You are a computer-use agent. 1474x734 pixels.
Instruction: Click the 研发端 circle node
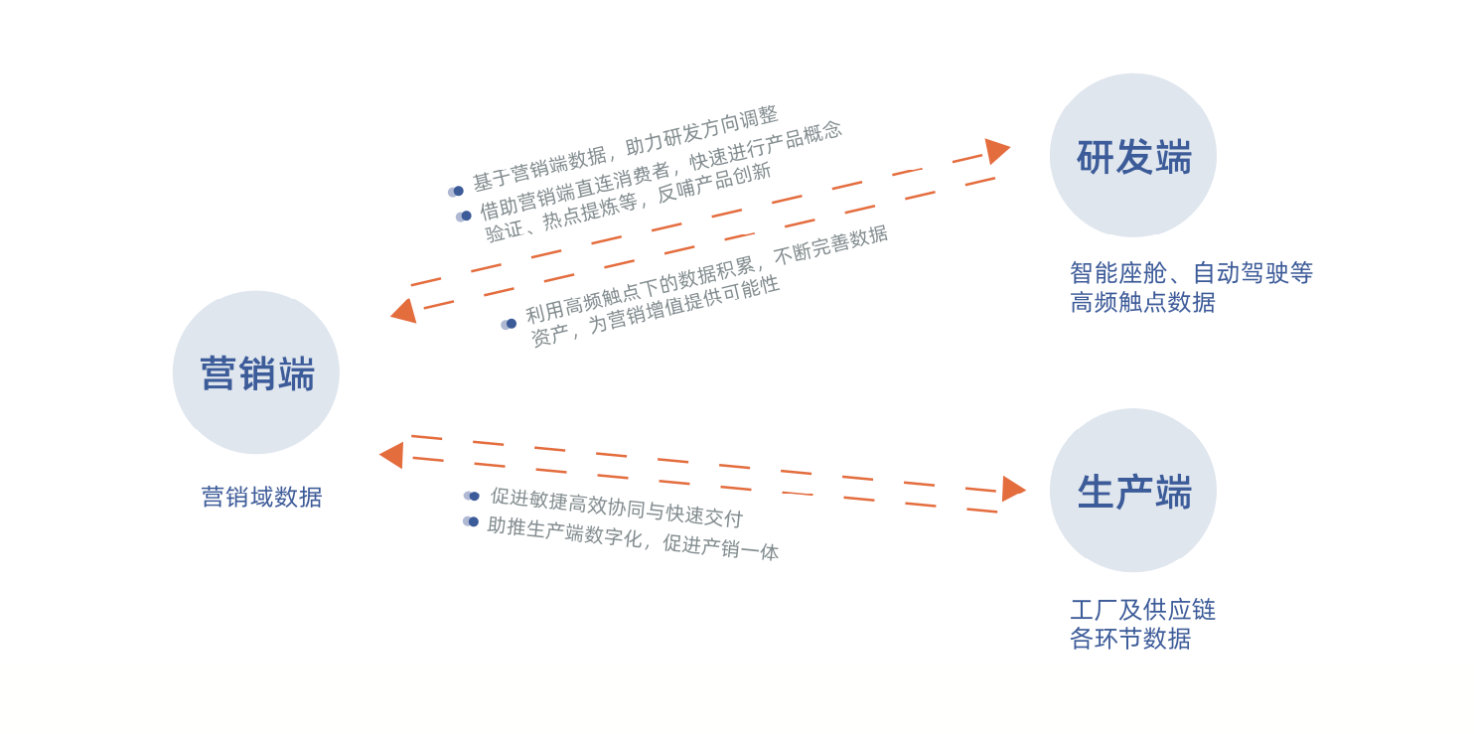(1133, 155)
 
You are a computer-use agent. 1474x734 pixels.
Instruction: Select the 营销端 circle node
(256, 372)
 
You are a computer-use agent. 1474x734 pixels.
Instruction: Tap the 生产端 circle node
(1133, 491)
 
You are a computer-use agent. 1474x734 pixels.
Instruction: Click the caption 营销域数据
(261, 497)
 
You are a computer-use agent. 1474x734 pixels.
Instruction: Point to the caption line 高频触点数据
(1142, 302)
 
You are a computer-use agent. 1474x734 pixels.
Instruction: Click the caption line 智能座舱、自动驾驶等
(1191, 273)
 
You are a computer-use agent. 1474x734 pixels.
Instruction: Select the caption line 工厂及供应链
(1142, 610)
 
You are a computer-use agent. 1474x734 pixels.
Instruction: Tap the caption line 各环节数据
(1130, 639)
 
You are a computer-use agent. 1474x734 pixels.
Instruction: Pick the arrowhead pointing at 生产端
(1012, 489)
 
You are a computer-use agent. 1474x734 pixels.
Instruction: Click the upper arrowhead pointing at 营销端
(404, 311)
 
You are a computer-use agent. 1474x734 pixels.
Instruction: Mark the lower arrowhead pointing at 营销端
(392, 455)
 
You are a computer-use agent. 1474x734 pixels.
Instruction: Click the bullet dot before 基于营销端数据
(457, 191)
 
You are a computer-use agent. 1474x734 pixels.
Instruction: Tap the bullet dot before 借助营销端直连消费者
(465, 216)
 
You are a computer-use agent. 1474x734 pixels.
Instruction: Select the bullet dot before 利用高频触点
(511, 324)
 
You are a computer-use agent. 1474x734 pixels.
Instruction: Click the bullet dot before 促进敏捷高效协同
(473, 496)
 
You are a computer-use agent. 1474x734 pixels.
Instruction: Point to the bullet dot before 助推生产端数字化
(472, 521)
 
